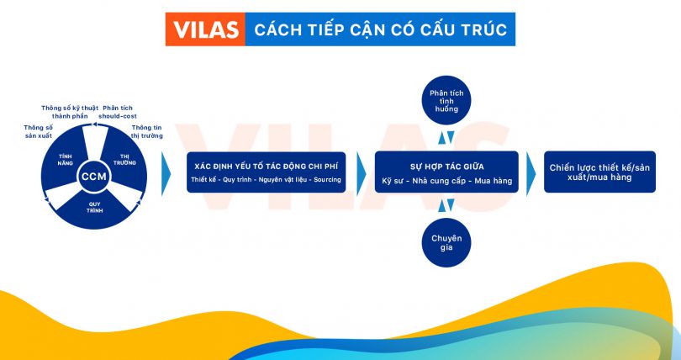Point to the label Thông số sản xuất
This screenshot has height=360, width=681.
pyautogui.click(x=38, y=131)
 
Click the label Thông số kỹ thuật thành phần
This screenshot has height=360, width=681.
pyautogui.click(x=70, y=112)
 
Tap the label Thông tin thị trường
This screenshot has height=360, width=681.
pyautogui.click(x=147, y=131)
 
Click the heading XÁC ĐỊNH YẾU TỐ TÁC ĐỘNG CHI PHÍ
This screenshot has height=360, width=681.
pyautogui.click(x=266, y=166)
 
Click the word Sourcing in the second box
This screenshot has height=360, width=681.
pyautogui.click(x=324, y=180)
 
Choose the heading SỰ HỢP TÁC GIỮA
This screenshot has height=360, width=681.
pyautogui.click(x=446, y=166)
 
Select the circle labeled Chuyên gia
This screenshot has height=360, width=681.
pyautogui.click(x=446, y=242)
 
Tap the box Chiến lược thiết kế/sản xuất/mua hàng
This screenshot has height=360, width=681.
pyautogui.click(x=599, y=172)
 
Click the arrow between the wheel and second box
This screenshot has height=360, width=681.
pyautogui.click(x=166, y=172)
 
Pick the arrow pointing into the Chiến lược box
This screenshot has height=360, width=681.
pyautogui.click(x=531, y=172)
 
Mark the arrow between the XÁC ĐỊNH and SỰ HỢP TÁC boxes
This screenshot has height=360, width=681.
pyautogui.click(x=362, y=172)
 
